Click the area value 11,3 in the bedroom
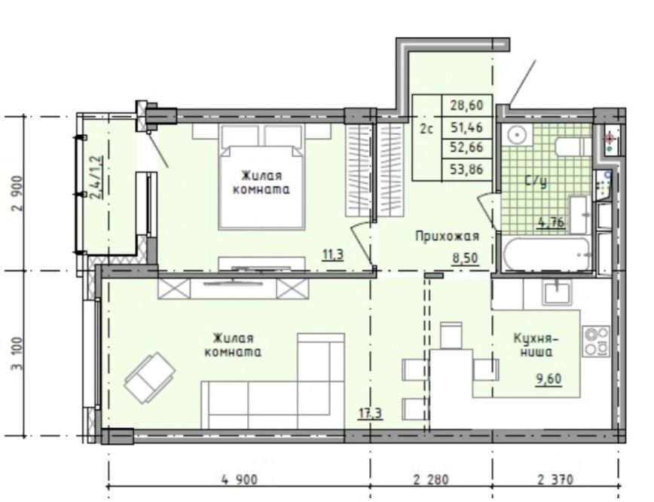[333, 254]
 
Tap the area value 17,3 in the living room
[371, 413]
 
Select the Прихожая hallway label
[447, 236]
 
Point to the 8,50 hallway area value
[466, 258]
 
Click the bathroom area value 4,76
[552, 222]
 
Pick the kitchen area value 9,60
[549, 379]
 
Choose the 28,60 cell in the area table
[466, 105]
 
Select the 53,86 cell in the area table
[466, 169]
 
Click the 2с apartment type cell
[426, 129]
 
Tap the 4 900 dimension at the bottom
[239, 479]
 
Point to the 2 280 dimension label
[431, 479]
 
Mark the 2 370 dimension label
[555, 479]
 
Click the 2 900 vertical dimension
[17, 193]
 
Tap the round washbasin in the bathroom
[517, 135]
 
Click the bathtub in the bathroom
[547, 254]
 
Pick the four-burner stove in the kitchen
[596, 341]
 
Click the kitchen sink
[556, 291]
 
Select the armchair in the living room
[150, 378]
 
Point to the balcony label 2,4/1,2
[96, 177]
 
